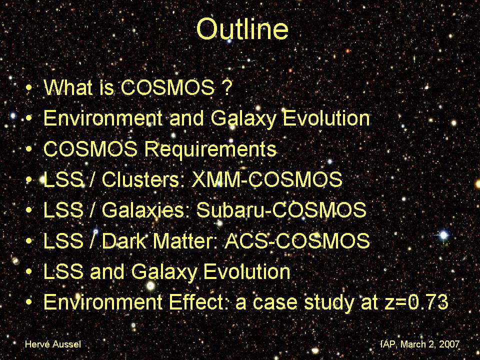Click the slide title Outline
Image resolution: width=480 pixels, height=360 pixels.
click(x=242, y=29)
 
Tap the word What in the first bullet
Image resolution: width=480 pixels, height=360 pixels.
click(x=68, y=87)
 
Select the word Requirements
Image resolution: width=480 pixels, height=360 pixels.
click(x=210, y=149)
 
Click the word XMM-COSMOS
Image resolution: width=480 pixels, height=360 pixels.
click(x=267, y=179)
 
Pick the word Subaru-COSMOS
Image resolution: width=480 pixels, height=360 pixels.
click(x=281, y=210)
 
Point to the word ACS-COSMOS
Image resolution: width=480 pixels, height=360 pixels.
click(x=297, y=240)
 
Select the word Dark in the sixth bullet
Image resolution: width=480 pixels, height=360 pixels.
click(x=124, y=240)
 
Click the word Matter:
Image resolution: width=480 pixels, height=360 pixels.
click(x=186, y=240)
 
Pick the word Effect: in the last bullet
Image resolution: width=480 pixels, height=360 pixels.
click(x=199, y=302)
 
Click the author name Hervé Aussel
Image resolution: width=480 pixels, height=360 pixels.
click(x=53, y=344)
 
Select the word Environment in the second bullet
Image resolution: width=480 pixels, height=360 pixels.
click(x=103, y=118)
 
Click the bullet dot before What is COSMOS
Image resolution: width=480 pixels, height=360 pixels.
click(x=29, y=88)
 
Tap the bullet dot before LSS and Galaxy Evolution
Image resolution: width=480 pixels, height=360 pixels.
click(x=29, y=272)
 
